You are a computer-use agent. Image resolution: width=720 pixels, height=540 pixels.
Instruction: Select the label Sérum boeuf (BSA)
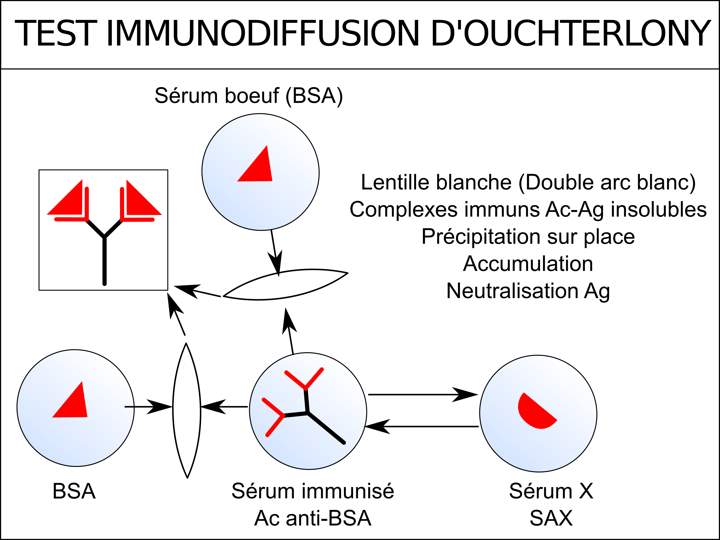[249, 96]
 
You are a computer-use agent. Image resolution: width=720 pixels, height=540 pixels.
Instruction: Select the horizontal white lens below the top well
[285, 284]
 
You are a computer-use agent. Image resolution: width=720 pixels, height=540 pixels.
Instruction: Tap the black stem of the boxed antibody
[105, 261]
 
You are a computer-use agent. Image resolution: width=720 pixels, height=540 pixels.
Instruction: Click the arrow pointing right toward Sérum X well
[423, 395]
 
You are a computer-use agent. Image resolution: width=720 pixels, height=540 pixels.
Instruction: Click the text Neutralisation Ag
[528, 291]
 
